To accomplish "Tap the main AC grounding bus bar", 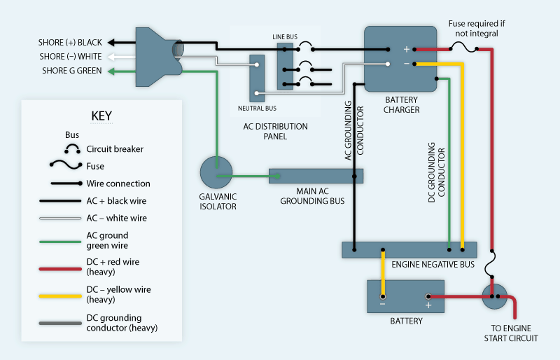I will pyautogui.click(x=316, y=176).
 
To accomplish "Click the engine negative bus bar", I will pyautogui.click(x=409, y=250).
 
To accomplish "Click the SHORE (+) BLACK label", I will pyautogui.click(x=70, y=42).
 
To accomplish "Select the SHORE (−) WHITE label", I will pyautogui.click(x=70, y=57).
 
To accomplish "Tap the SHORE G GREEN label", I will pyautogui.click(x=70, y=71).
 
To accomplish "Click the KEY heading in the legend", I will pyautogui.click(x=101, y=116).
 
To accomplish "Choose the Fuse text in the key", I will pyautogui.click(x=95, y=167).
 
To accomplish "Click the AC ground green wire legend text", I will pyautogui.click(x=107, y=240).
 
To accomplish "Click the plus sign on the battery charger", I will pyautogui.click(x=405, y=49).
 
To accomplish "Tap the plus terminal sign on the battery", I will pyautogui.click(x=428, y=305).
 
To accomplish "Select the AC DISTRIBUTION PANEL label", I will pyautogui.click(x=274, y=132).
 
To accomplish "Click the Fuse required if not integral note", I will pyautogui.click(x=477, y=28).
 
